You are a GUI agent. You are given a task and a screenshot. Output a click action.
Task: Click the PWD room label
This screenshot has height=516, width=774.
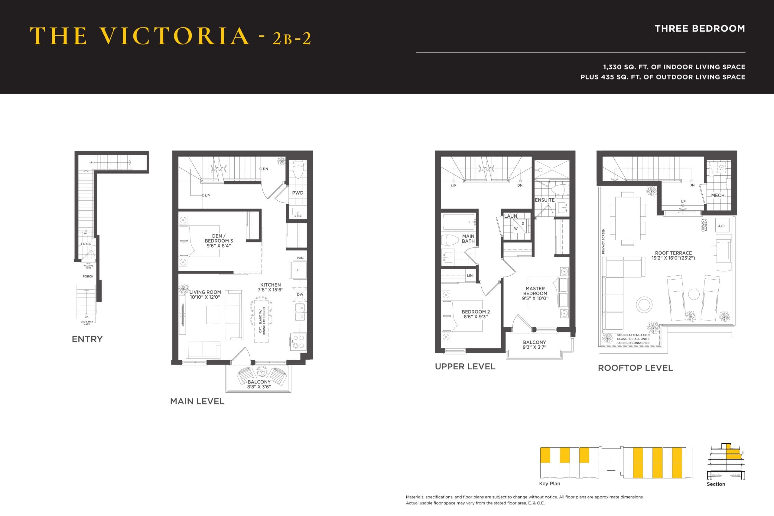click(298, 193)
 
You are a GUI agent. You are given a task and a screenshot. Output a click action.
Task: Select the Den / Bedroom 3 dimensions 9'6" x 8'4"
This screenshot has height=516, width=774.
click(219, 246)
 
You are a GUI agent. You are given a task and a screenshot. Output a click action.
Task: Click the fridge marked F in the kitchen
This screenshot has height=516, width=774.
click(298, 270)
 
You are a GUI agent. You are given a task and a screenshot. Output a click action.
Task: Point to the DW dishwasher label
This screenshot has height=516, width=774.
click(300, 294)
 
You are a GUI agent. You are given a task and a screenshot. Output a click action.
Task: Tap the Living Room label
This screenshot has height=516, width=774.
click(205, 292)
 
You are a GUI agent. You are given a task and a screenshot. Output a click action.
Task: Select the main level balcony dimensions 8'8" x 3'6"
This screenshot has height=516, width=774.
click(259, 387)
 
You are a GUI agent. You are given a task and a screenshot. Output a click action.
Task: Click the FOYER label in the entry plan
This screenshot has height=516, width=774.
click(86, 244)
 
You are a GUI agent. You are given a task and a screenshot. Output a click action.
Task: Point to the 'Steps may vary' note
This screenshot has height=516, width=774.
click(87, 323)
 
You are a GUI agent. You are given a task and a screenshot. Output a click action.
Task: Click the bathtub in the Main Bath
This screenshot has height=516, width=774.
click(458, 222)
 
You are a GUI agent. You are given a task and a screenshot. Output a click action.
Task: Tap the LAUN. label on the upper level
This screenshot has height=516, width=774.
click(511, 216)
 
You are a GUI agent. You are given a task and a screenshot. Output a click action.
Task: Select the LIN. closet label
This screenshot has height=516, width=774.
click(470, 275)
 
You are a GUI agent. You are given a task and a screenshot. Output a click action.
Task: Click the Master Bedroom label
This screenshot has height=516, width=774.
click(535, 291)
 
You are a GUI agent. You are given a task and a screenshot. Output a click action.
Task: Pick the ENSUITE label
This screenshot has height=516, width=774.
click(544, 200)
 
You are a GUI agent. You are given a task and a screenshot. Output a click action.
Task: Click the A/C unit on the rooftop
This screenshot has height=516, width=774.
click(721, 226)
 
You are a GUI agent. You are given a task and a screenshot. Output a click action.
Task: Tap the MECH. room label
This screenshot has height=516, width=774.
click(718, 196)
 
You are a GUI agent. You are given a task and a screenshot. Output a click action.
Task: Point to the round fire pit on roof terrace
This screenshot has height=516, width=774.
click(644, 304)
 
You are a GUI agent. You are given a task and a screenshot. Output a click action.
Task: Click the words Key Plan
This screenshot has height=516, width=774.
click(549, 483)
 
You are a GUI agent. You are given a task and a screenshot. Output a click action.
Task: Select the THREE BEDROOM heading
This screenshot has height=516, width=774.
click(700, 29)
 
